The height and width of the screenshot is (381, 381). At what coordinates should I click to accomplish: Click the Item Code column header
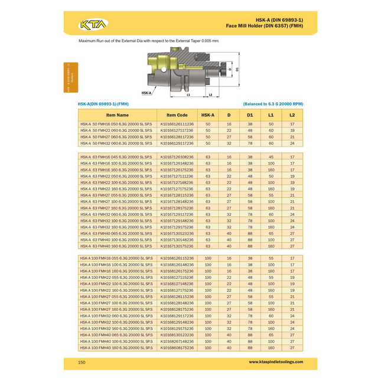[177, 115]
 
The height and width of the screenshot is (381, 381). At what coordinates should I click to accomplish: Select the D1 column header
[250, 115]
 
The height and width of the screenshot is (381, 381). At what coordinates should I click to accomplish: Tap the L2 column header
[292, 115]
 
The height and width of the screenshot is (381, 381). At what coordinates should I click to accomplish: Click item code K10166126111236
[177, 124]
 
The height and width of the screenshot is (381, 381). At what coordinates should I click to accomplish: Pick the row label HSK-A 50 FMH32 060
[116, 144]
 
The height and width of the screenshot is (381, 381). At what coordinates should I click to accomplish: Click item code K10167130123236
[177, 233]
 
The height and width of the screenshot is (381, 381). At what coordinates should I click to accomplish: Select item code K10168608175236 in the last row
[177, 348]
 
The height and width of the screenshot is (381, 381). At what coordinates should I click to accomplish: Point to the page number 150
[82, 362]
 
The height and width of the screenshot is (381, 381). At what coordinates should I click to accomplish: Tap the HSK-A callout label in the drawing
[146, 93]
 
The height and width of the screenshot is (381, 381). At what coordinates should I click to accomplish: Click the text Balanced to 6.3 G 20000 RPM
[272, 103]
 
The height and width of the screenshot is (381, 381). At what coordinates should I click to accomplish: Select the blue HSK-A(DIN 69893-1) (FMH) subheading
[103, 103]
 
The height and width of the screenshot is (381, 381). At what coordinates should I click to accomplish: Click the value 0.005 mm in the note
[209, 41]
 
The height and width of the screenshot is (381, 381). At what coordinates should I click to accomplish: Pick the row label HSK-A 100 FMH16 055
[116, 258]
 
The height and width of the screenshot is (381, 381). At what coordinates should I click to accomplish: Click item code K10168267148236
[177, 341]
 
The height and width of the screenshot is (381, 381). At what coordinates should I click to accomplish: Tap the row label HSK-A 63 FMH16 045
[116, 157]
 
